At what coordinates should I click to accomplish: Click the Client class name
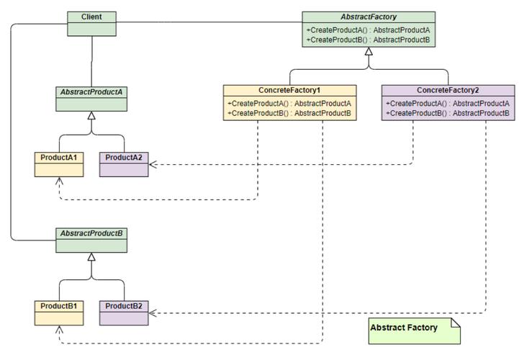pyautogui.click(x=91, y=17)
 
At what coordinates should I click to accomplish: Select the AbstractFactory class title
pyautogui.click(x=369, y=17)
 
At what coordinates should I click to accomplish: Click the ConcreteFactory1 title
pyautogui.click(x=289, y=90)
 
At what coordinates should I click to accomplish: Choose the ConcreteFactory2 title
pyautogui.click(x=448, y=90)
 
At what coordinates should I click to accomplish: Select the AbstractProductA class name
pyautogui.click(x=91, y=92)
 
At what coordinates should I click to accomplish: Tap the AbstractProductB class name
pyautogui.click(x=91, y=233)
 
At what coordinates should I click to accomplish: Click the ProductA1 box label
pyautogui.click(x=59, y=158)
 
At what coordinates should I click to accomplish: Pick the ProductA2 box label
pyautogui.click(x=124, y=158)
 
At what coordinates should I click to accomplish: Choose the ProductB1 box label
pyautogui.click(x=59, y=306)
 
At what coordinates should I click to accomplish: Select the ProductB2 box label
pyautogui.click(x=124, y=306)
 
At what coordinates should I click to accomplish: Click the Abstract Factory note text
pyautogui.click(x=404, y=328)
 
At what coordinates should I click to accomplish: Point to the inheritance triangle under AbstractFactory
pyautogui.click(x=369, y=51)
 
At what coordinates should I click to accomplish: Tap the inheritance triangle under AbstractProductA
pyautogui.click(x=91, y=116)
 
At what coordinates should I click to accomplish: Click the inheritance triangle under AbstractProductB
pyautogui.click(x=91, y=257)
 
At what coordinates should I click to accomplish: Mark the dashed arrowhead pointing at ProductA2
pyautogui.click(x=153, y=165)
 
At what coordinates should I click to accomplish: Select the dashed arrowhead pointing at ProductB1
pyautogui.click(x=59, y=330)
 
